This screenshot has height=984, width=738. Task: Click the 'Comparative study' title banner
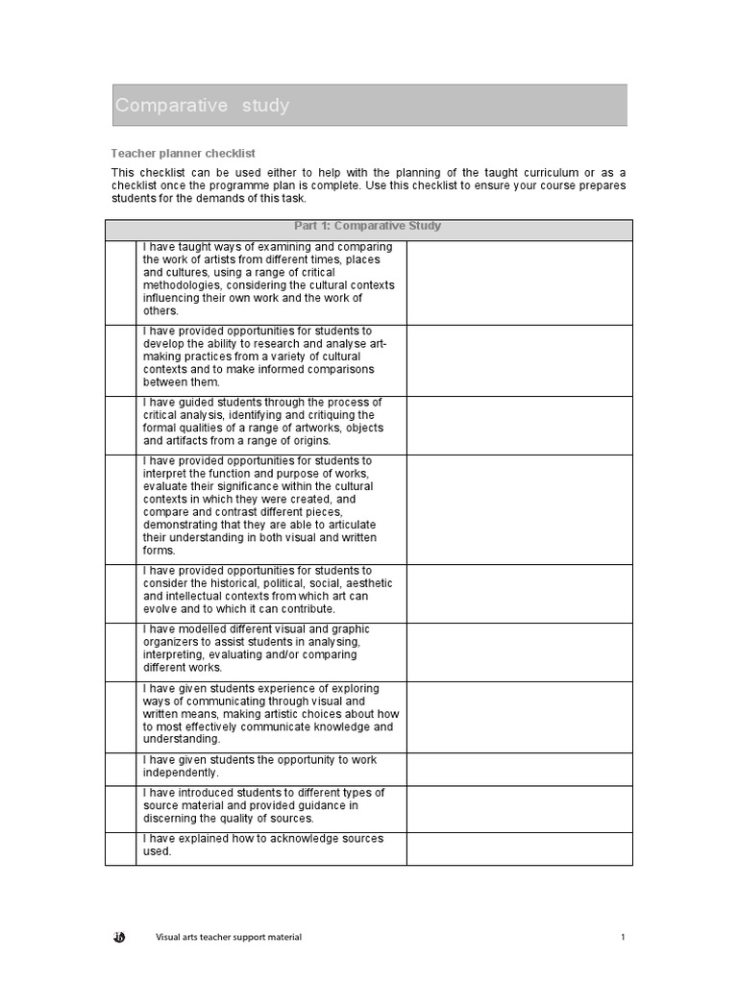[x=369, y=105]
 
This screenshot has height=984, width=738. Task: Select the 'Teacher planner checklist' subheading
[x=183, y=153]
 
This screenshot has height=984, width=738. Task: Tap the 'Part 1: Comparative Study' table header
[x=368, y=227]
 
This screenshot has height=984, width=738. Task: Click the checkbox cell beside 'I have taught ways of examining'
[x=120, y=283]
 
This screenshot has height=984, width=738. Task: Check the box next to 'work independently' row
[x=120, y=769]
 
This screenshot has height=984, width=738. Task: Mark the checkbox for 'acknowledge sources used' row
[x=120, y=848]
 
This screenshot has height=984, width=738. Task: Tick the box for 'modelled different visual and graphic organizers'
[x=120, y=651]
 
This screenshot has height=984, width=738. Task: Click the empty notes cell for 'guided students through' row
[x=519, y=425]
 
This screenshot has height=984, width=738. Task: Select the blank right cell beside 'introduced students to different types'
[x=519, y=808]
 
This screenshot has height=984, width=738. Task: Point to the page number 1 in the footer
[x=623, y=937]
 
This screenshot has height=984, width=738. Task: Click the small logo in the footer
[x=118, y=937]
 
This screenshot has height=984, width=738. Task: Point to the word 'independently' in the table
[x=182, y=773]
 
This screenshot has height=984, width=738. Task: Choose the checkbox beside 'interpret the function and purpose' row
[x=120, y=508]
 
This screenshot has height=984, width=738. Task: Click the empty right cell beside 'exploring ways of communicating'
[x=519, y=716]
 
